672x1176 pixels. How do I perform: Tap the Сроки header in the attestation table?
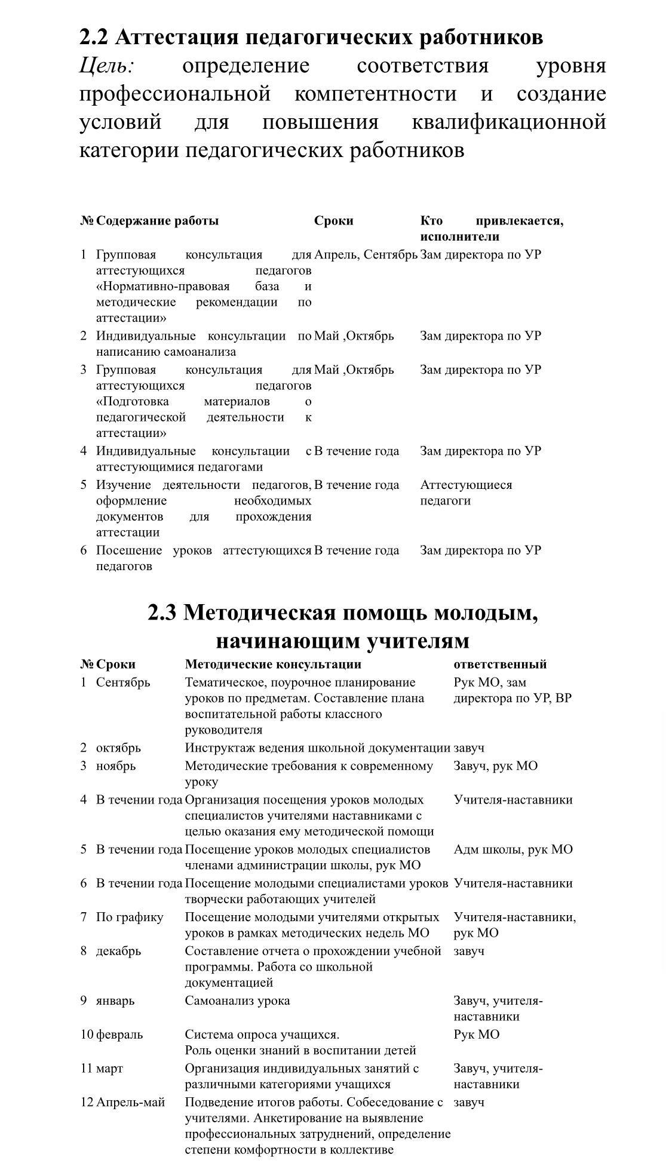[x=333, y=221]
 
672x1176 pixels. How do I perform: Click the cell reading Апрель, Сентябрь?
[x=366, y=255]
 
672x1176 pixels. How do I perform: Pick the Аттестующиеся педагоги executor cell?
[x=466, y=492]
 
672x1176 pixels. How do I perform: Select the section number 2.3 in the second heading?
[x=162, y=612]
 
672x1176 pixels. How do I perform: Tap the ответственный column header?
[x=500, y=664]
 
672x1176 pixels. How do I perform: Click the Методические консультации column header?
[x=273, y=664]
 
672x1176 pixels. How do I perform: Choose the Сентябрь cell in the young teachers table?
[x=123, y=682]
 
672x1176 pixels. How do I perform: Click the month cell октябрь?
[x=118, y=747]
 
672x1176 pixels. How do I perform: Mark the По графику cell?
[x=130, y=917]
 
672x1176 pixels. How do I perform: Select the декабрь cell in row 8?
[x=118, y=950]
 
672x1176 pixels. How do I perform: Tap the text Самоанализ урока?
[x=237, y=1000]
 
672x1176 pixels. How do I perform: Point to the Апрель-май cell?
[x=130, y=1102]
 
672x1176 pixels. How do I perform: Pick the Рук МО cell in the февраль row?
[x=476, y=1035]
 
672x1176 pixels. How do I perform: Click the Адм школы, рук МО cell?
[x=513, y=849]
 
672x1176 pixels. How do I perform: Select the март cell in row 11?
[x=109, y=1068]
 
